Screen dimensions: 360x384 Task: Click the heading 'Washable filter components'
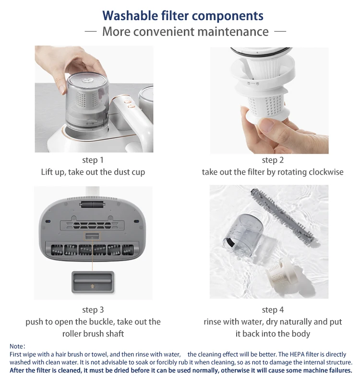coord(183,16)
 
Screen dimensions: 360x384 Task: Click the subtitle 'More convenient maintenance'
coord(185,32)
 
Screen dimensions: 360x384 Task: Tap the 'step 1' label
coord(93,160)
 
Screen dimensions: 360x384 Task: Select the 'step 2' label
coord(273,160)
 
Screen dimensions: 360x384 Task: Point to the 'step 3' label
coord(93,310)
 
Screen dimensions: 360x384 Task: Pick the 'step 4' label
coord(273,310)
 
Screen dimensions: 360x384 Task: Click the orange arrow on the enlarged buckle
coord(92,286)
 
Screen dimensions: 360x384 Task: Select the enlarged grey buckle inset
coord(93,282)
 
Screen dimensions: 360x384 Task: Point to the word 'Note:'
coord(17,346)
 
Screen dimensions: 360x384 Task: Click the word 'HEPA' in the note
coord(297,354)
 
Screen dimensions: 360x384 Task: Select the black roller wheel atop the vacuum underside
coord(93,205)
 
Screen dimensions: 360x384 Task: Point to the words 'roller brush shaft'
coord(93,334)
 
